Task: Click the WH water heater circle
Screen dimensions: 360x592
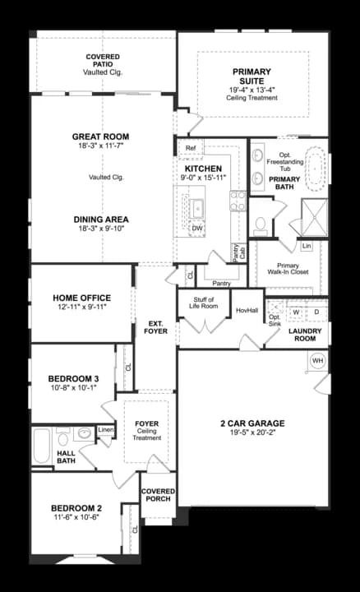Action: click(318, 361)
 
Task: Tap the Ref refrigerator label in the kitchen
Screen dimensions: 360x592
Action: click(191, 148)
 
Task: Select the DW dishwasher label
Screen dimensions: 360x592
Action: click(197, 228)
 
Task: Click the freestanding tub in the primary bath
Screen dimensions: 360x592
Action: click(314, 168)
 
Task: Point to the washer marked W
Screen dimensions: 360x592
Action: click(296, 312)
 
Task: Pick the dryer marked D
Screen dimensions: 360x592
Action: click(316, 312)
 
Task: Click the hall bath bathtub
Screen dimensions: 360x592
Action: click(41, 446)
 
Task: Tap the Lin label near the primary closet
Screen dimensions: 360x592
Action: click(307, 246)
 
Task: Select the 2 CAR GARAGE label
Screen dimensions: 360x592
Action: click(252, 423)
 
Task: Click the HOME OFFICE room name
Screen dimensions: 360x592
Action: click(82, 298)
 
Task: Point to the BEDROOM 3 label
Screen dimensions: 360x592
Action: click(74, 378)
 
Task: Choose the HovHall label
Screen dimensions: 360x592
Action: click(247, 310)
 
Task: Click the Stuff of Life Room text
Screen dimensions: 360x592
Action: click(203, 303)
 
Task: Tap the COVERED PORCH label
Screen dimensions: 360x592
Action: click(158, 495)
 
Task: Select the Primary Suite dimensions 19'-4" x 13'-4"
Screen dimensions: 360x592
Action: click(252, 90)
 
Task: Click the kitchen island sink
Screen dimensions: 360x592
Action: click(197, 209)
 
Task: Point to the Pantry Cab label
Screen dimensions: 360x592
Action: click(239, 252)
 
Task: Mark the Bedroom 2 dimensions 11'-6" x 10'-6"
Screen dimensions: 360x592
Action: click(76, 517)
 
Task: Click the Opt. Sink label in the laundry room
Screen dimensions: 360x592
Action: click(275, 321)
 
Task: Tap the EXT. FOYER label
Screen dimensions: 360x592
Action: click(155, 327)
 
